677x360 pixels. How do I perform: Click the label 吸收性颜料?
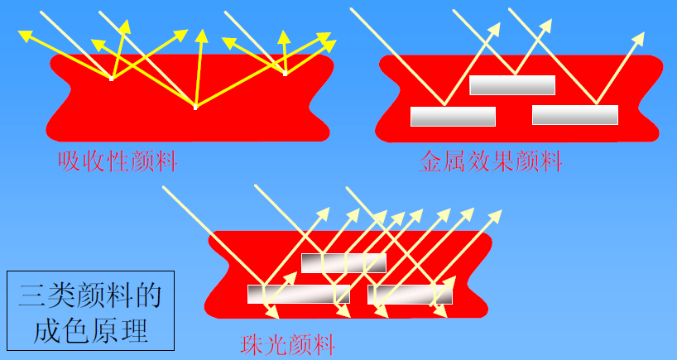click(118, 161)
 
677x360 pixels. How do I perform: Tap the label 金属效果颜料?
click(491, 161)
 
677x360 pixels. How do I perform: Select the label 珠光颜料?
click(287, 343)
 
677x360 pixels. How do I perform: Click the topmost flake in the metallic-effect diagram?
click(512, 84)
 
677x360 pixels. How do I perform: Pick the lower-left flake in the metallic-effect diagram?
click(453, 117)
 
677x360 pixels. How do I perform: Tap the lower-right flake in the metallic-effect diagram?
click(574, 115)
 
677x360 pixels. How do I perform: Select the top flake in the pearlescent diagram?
click(343, 263)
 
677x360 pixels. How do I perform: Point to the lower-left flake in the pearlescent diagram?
click(298, 294)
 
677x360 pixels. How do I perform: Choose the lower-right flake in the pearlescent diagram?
click(411, 294)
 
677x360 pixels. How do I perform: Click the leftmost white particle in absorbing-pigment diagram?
click(112, 79)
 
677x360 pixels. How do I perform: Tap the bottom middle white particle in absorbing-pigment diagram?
click(195, 107)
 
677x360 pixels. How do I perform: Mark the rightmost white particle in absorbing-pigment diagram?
click(286, 74)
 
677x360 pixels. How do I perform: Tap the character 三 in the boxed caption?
click(34, 295)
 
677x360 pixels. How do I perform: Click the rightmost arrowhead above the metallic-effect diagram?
click(640, 38)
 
